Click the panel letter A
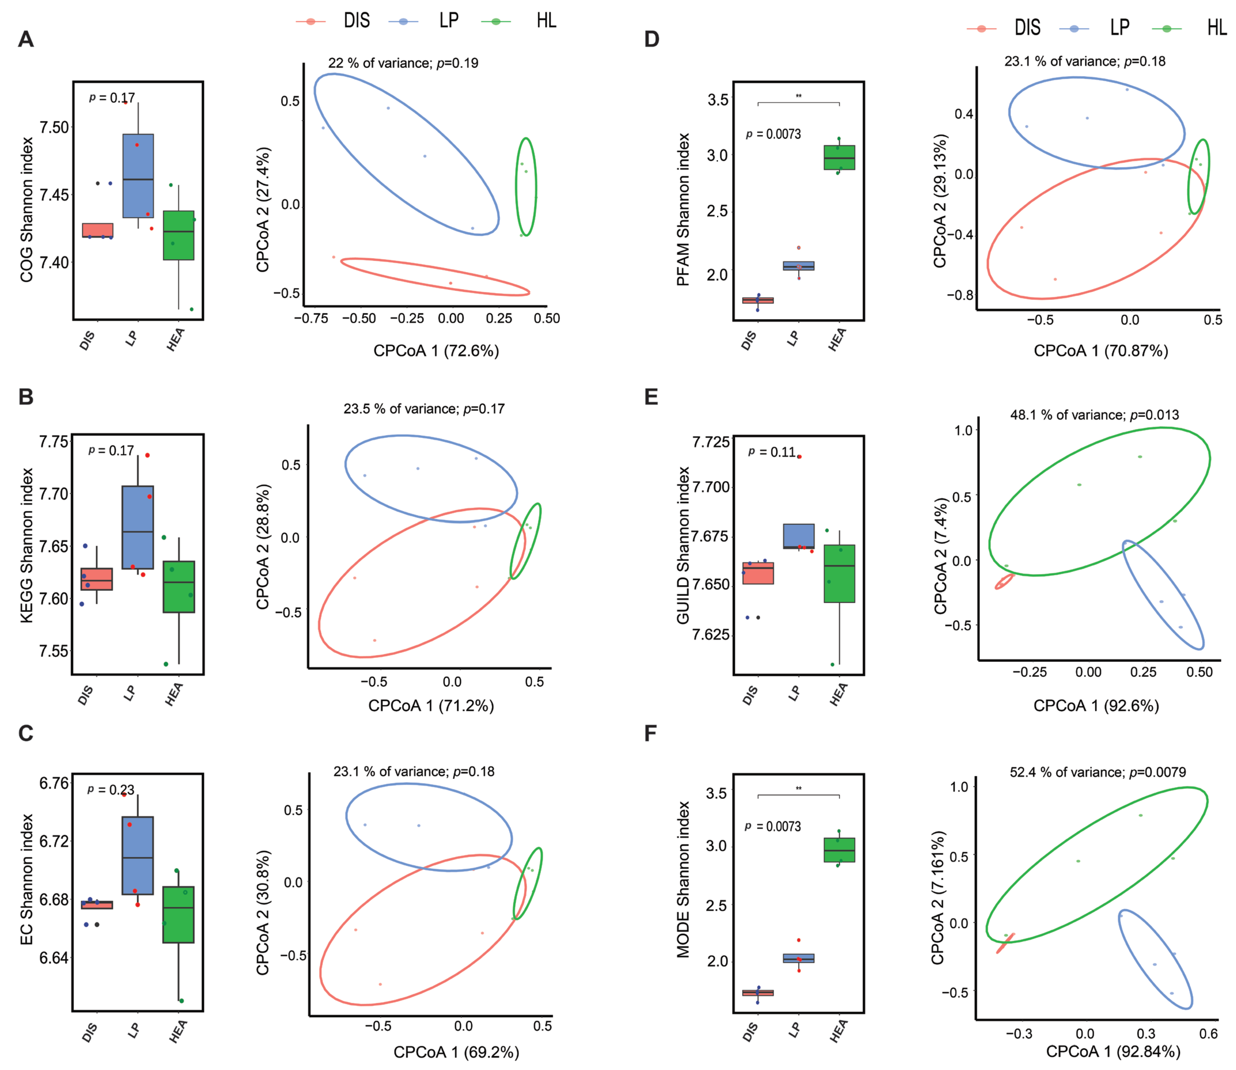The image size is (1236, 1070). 26,39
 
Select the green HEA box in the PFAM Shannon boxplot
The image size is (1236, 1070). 839,158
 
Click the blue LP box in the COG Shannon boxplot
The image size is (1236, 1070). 138,176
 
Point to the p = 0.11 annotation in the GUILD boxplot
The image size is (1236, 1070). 772,452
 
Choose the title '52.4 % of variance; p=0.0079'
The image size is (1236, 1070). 1098,772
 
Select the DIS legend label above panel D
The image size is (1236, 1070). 1027,27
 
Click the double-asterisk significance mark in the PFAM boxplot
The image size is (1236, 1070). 798,96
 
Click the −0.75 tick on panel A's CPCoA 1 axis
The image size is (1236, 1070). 311,318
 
